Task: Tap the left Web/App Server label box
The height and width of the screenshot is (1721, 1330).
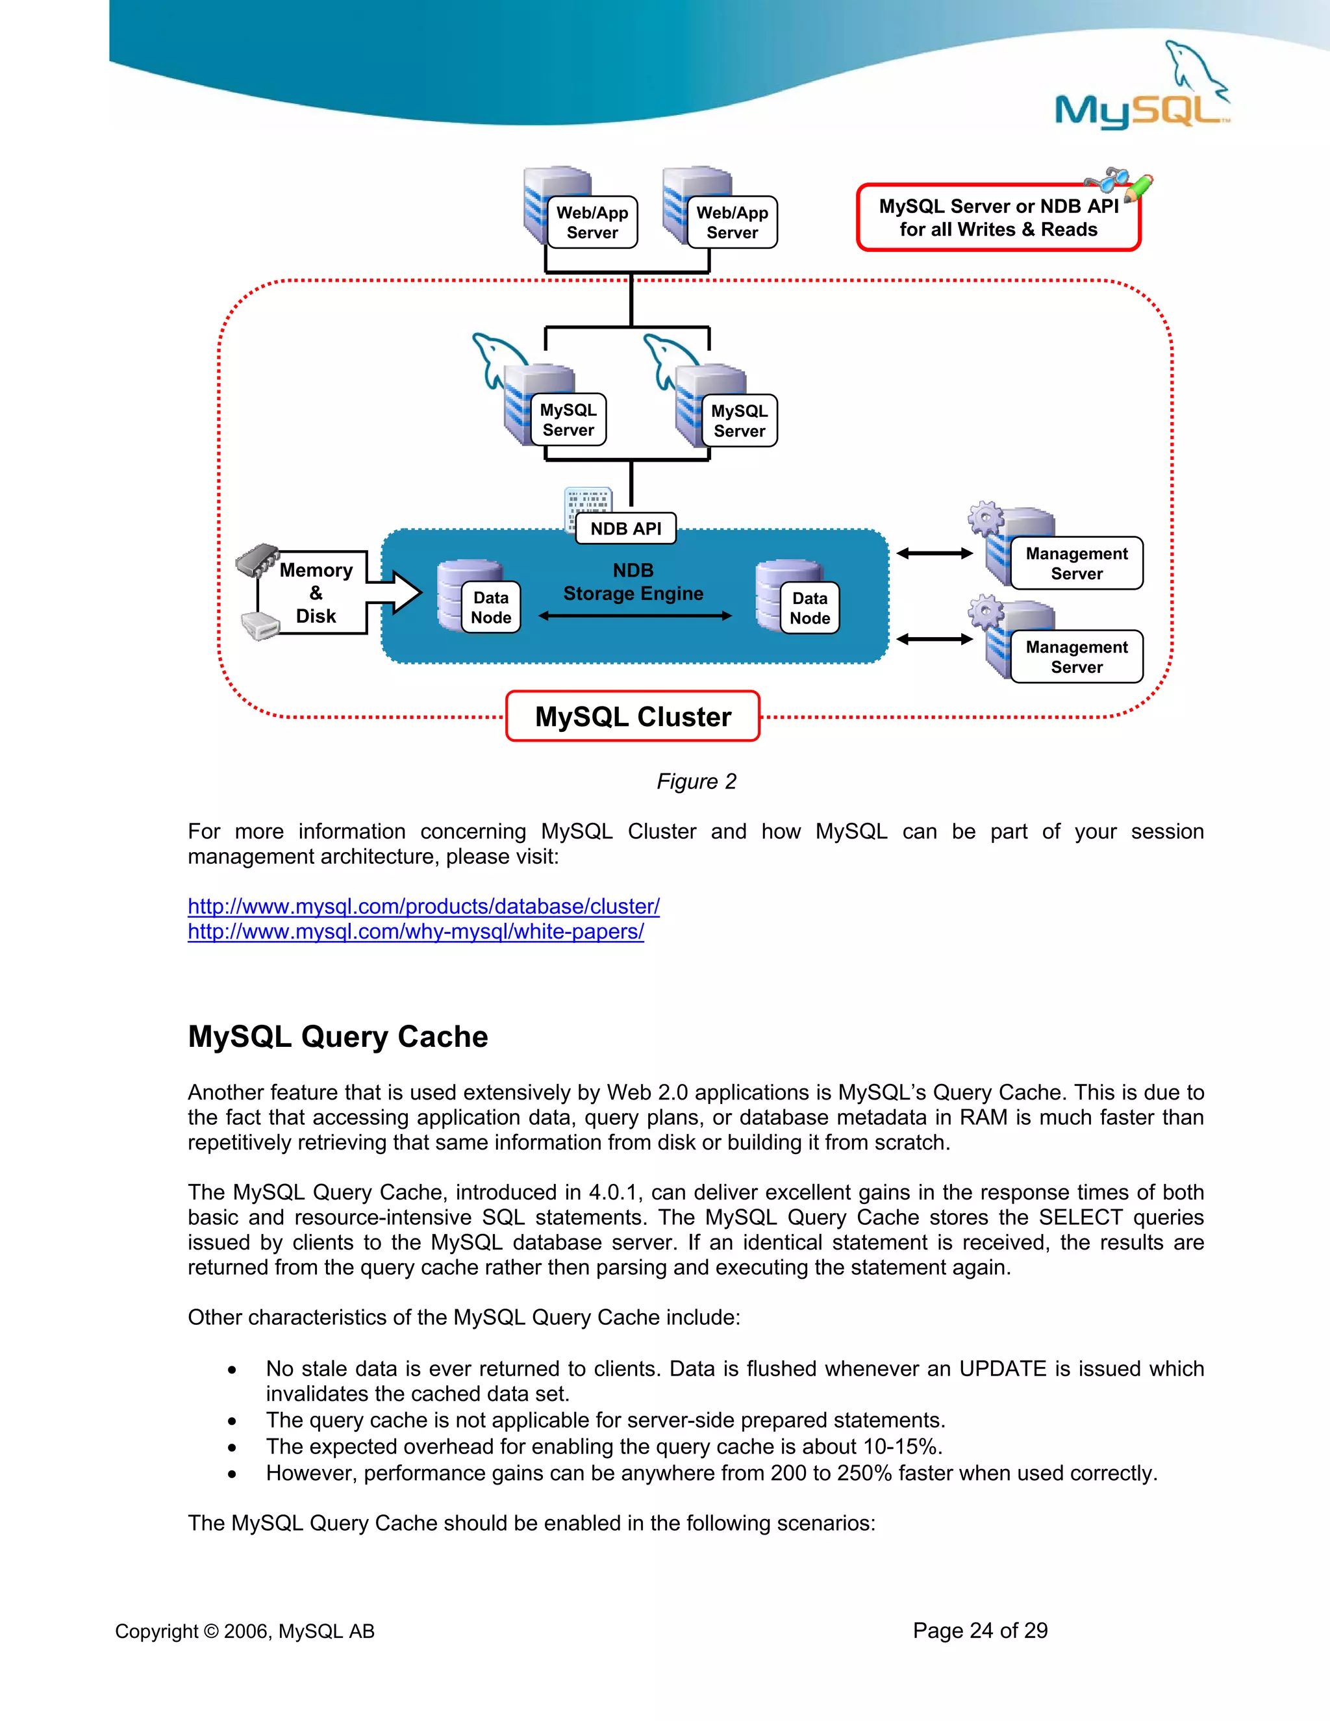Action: point(592,222)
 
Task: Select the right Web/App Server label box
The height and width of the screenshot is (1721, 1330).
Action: point(732,222)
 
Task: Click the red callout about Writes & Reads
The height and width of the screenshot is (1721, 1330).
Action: point(998,218)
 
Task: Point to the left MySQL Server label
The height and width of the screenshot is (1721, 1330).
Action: point(568,420)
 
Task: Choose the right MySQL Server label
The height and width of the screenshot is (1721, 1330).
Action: point(739,421)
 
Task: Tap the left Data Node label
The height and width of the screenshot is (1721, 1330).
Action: point(491,608)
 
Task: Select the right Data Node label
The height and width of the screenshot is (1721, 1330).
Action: point(810,609)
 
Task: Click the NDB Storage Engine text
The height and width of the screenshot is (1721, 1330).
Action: point(633,581)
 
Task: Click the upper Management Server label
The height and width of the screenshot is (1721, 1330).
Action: point(1076,564)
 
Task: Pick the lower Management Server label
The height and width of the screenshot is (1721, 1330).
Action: point(1076,657)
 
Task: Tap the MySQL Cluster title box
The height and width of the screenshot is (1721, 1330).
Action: point(633,716)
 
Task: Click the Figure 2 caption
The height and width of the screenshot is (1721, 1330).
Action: point(697,781)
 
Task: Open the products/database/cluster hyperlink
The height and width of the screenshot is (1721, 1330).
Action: point(423,906)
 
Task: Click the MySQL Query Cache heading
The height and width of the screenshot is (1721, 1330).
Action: point(338,1036)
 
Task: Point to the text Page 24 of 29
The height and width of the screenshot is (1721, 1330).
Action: point(979,1630)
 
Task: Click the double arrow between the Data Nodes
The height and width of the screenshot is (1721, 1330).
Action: point(635,616)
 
